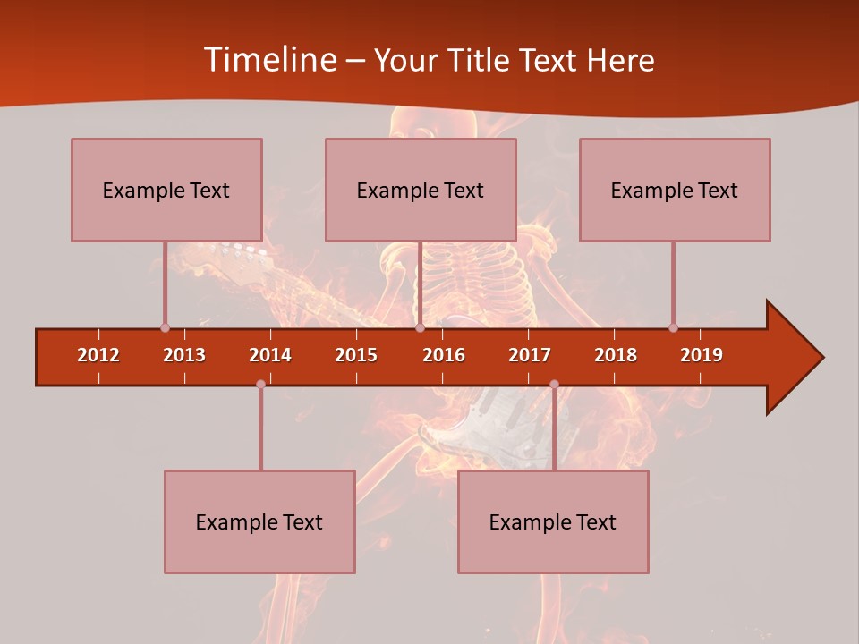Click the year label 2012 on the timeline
[98, 355]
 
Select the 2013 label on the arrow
[184, 355]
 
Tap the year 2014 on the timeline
[270, 355]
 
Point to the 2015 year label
[356, 355]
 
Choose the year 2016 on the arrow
[444, 355]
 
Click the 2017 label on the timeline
[530, 355]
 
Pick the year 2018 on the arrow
[616, 355]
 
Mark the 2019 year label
[702, 355]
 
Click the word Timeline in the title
[268, 60]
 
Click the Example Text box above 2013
[166, 190]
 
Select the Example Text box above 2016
[421, 190]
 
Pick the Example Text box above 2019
[675, 190]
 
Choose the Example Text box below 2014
[259, 521]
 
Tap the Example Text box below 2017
[553, 521]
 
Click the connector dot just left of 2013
[165, 327]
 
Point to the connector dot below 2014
[260, 385]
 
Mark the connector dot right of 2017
[554, 385]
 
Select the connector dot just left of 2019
[673, 327]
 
